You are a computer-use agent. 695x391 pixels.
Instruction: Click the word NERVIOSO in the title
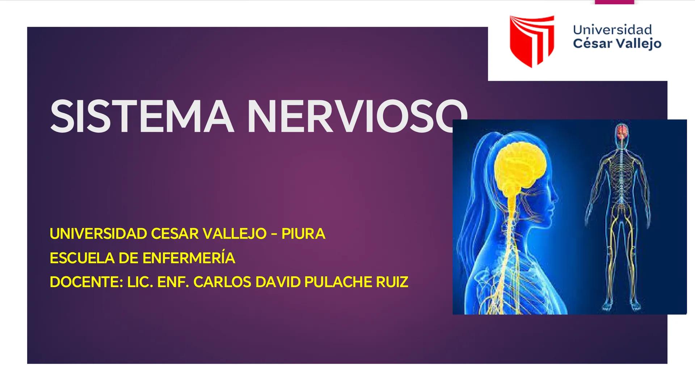point(357,116)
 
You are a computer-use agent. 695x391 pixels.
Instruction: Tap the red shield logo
point(532,41)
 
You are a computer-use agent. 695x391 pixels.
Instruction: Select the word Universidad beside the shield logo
point(612,30)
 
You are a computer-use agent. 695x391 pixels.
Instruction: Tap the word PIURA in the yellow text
point(303,234)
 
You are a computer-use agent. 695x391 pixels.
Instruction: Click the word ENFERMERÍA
point(189,258)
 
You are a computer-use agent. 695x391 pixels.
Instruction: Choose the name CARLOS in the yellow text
point(222,282)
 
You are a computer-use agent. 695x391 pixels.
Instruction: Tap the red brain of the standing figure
point(622,131)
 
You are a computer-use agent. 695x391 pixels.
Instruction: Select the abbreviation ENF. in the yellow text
point(173,282)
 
